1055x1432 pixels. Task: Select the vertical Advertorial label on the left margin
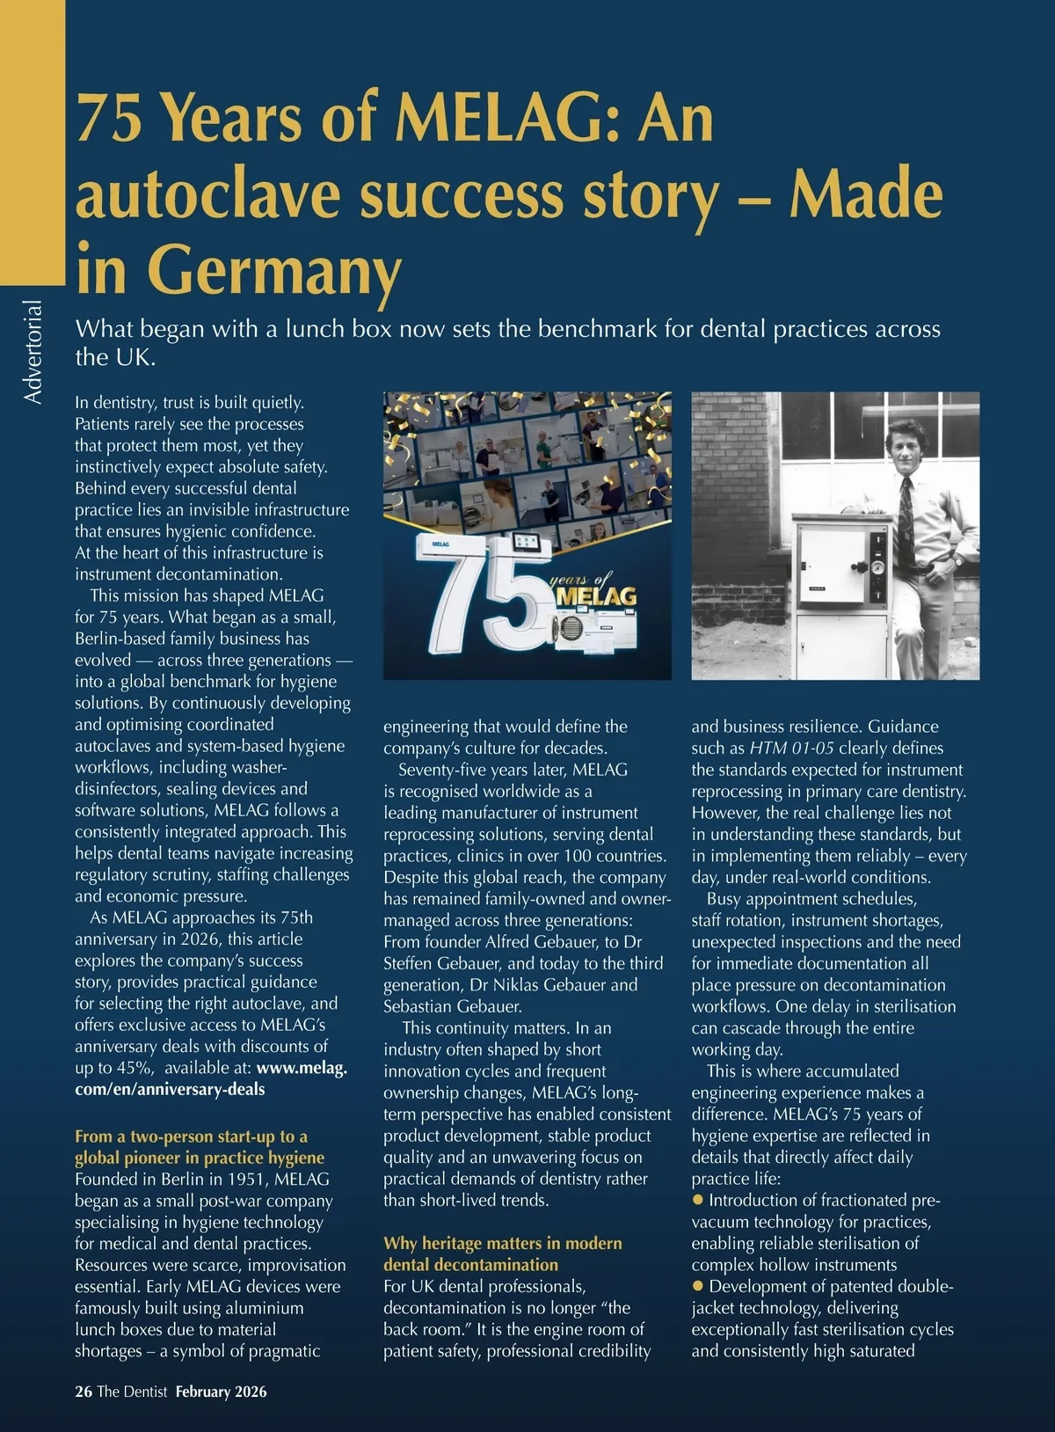tap(33, 352)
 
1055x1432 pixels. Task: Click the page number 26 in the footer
tap(83, 1392)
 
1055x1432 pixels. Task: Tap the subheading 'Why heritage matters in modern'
tap(502, 1243)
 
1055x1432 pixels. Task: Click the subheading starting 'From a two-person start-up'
tap(191, 1136)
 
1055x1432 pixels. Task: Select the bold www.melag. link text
tap(302, 1068)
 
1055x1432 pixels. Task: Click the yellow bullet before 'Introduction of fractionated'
tap(699, 1200)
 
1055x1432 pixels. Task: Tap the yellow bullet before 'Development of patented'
tap(699, 1286)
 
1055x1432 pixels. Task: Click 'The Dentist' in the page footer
tap(132, 1392)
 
